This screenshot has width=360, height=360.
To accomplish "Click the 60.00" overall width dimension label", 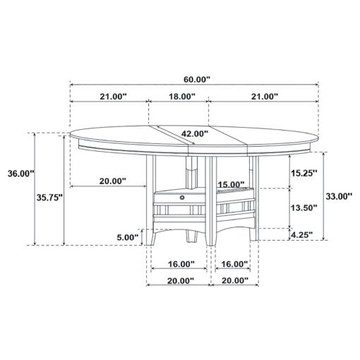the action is point(197,80).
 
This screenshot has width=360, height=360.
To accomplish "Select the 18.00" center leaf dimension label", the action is point(182,96).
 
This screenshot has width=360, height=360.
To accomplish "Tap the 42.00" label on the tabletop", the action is point(195,133).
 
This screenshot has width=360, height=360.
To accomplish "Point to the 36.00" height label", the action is point(21,174).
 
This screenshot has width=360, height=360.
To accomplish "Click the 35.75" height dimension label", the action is point(49,198).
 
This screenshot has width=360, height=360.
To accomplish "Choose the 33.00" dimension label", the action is point(339,196).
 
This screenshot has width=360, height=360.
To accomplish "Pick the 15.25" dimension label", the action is point(304,173).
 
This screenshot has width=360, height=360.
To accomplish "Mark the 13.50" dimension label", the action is point(304,208).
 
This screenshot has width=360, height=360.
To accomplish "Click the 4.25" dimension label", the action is point(302,234).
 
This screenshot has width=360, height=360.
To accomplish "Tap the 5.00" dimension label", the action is point(128,237).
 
